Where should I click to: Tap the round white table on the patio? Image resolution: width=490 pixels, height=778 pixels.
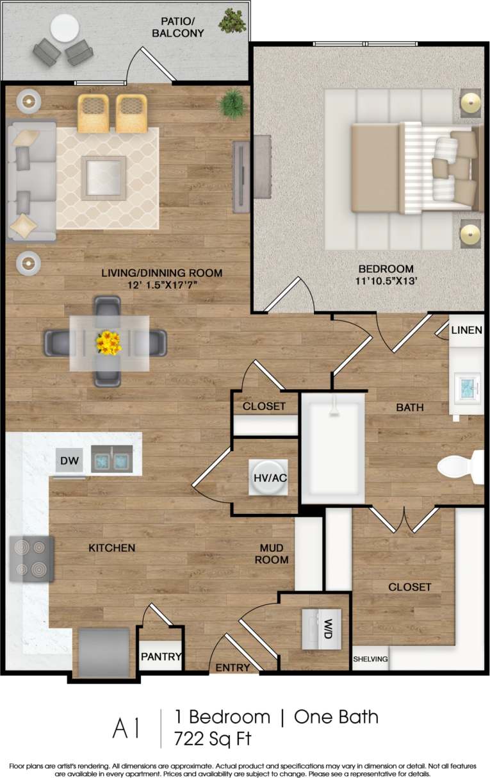(x=65, y=28)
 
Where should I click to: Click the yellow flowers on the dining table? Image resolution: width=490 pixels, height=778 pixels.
(x=108, y=343)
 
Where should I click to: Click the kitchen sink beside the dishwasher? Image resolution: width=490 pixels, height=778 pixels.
(x=111, y=459)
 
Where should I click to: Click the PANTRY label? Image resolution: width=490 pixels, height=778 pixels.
(x=161, y=657)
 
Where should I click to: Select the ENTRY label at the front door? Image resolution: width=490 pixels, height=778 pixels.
(x=233, y=667)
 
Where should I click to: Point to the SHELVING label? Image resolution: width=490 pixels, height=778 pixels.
(x=370, y=659)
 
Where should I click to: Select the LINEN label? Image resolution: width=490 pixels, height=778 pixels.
(x=467, y=331)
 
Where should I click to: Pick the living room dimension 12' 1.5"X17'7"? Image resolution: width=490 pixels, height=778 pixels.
(x=161, y=285)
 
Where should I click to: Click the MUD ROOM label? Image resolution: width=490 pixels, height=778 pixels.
(x=274, y=554)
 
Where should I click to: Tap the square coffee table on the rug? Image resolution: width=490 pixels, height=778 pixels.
(x=103, y=177)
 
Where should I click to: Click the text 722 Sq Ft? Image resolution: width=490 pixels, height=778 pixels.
(x=213, y=738)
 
